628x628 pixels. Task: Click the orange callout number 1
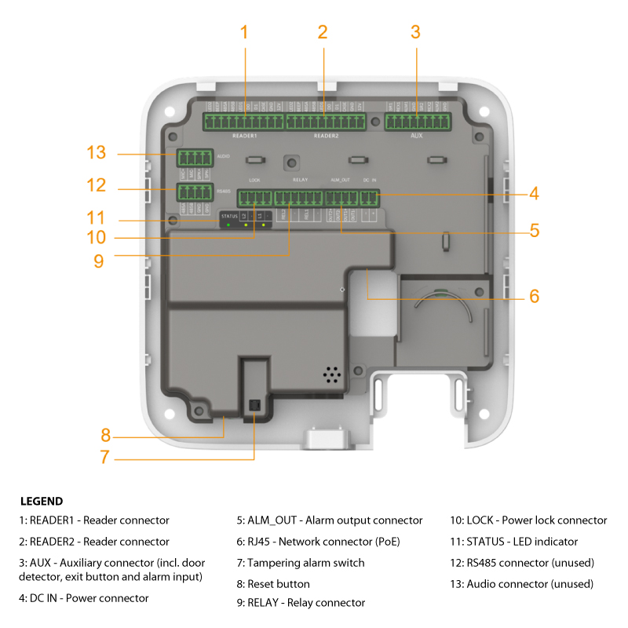(244, 32)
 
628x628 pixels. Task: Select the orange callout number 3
(415, 32)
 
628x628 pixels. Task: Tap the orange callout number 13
(96, 152)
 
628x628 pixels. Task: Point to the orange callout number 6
(534, 296)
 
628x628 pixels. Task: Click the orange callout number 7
(104, 457)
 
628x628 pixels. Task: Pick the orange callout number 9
(98, 261)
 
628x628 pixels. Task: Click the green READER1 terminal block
(243, 122)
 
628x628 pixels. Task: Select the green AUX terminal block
(418, 122)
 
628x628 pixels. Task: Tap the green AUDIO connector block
(195, 156)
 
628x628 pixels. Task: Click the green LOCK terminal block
(254, 198)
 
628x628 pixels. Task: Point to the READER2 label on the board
(326, 136)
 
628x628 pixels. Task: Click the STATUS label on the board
(228, 215)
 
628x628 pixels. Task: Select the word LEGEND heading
(42, 501)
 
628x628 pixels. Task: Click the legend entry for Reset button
(273, 583)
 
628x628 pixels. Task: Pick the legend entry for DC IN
(84, 598)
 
